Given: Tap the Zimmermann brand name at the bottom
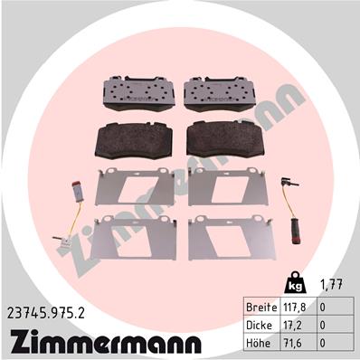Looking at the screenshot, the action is (x=106, y=342).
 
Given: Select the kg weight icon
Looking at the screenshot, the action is (x=295, y=283).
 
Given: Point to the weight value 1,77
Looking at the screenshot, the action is (x=331, y=284).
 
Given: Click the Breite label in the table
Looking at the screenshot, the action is (x=261, y=308).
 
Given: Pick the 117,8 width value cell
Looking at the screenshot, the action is (x=295, y=308).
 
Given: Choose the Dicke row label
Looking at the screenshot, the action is (x=259, y=326).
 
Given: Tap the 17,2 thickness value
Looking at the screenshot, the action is (x=292, y=326).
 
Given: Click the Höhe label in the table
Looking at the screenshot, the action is (x=258, y=343).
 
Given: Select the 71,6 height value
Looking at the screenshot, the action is (x=292, y=343).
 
